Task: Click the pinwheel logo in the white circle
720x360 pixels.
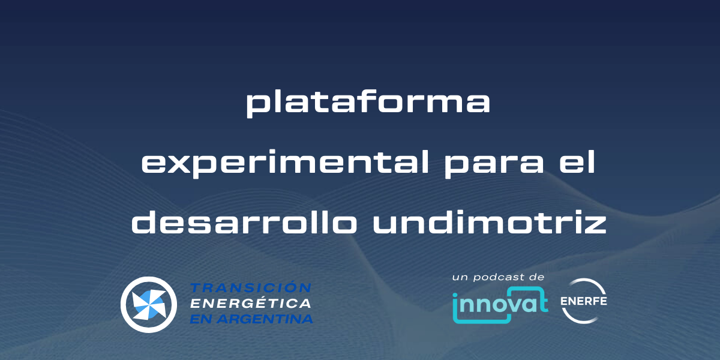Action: tap(148, 304)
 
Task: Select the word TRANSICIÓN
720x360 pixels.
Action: tap(251, 288)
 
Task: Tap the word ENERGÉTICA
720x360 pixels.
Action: tap(251, 304)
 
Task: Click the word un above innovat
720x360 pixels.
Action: tap(460, 278)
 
